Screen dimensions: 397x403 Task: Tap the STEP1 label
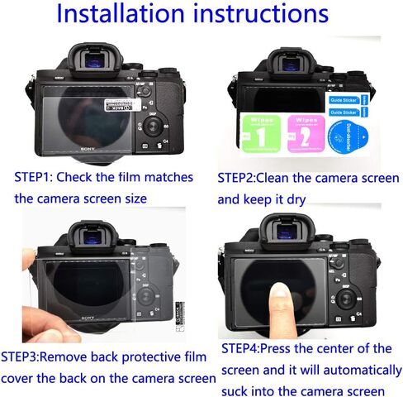click(x=36, y=177)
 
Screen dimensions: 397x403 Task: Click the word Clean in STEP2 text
click(x=293, y=178)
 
